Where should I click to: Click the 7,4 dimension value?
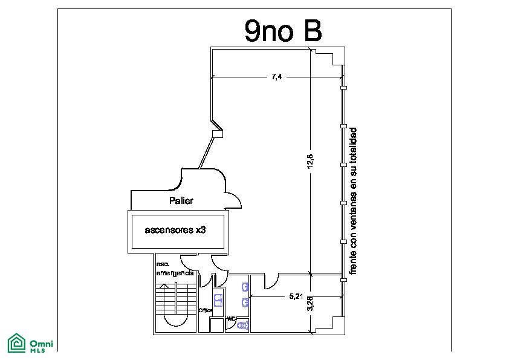tap(277, 77)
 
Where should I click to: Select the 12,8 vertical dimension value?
tap(310, 161)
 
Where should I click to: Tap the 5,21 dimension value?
tap(296, 296)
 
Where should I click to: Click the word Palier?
tap(181, 200)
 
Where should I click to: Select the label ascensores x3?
tap(175, 230)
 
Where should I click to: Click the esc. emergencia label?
tap(175, 269)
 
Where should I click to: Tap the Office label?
tap(205, 310)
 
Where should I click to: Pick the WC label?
tap(231, 318)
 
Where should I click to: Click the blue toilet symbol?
tap(243, 324)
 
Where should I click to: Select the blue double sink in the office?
tap(218, 300)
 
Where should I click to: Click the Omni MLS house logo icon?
tap(16, 343)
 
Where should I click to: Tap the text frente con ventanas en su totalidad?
tap(353, 201)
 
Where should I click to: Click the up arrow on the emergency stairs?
tap(165, 286)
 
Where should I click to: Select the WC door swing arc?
tap(222, 280)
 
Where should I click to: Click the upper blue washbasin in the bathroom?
tap(245, 287)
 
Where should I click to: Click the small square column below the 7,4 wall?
tap(218, 134)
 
